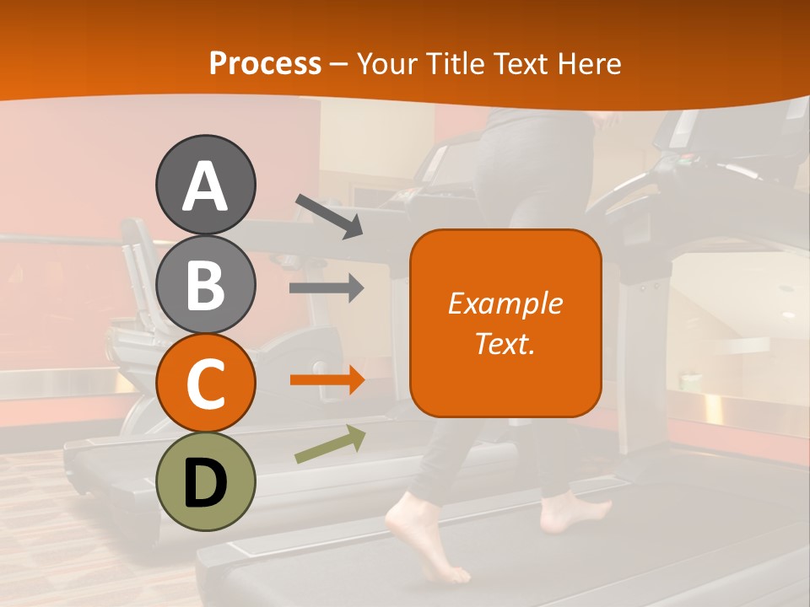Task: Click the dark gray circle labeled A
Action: click(205, 185)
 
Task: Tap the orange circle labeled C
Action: click(205, 383)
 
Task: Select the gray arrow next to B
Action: click(327, 288)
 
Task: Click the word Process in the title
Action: click(265, 64)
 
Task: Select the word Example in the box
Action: click(505, 303)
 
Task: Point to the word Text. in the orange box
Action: click(505, 343)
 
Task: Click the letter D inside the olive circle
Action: click(205, 482)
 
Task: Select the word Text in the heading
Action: click(521, 64)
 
